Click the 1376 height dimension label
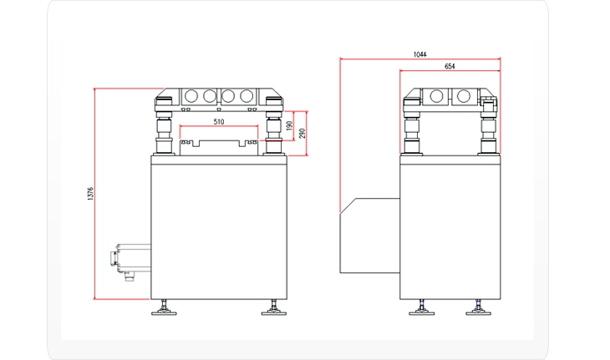pyautogui.click(x=90, y=194)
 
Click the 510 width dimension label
pyautogui.click(x=219, y=122)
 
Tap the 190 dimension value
pyautogui.click(x=289, y=125)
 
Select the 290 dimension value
pyautogui.click(x=302, y=134)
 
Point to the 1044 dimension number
pyautogui.click(x=419, y=54)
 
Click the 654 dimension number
pyautogui.click(x=450, y=67)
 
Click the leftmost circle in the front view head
pyautogui.click(x=191, y=95)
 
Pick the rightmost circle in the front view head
pyautogui.click(x=247, y=95)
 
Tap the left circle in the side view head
pyautogui.click(x=436, y=95)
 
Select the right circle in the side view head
pyautogui.click(x=463, y=95)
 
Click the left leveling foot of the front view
pyautogui.click(x=164, y=307)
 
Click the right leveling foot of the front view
pyautogui.click(x=274, y=307)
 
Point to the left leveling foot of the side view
pyautogui.click(x=421, y=307)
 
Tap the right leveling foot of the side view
pyautogui.click(x=479, y=307)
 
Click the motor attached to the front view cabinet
pyautogui.click(x=130, y=261)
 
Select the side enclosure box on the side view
pyautogui.click(x=370, y=236)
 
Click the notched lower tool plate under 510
pyautogui.click(x=219, y=148)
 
